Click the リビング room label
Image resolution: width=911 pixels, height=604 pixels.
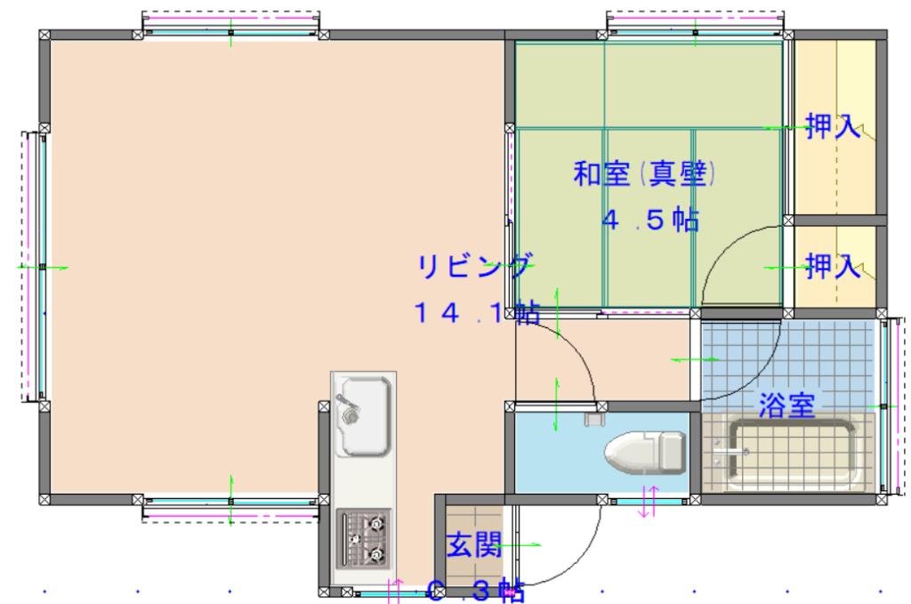click(474, 265)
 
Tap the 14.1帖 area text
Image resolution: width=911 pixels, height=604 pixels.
click(477, 312)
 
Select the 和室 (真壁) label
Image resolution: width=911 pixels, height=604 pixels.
click(644, 173)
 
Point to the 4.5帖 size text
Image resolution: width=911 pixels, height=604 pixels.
click(650, 220)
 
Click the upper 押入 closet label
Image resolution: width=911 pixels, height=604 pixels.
click(833, 125)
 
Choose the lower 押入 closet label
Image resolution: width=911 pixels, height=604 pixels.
click(833, 266)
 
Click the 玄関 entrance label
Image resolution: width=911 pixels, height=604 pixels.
click(474, 544)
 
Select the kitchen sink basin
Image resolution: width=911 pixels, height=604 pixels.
click(366, 415)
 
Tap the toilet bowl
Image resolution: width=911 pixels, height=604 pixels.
click(632, 452)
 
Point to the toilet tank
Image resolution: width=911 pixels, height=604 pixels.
click(673, 452)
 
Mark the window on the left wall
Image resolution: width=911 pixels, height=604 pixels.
click(36, 267)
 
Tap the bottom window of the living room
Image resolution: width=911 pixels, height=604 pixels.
click(230, 509)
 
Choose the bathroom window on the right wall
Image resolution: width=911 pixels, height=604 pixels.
click(891, 406)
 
